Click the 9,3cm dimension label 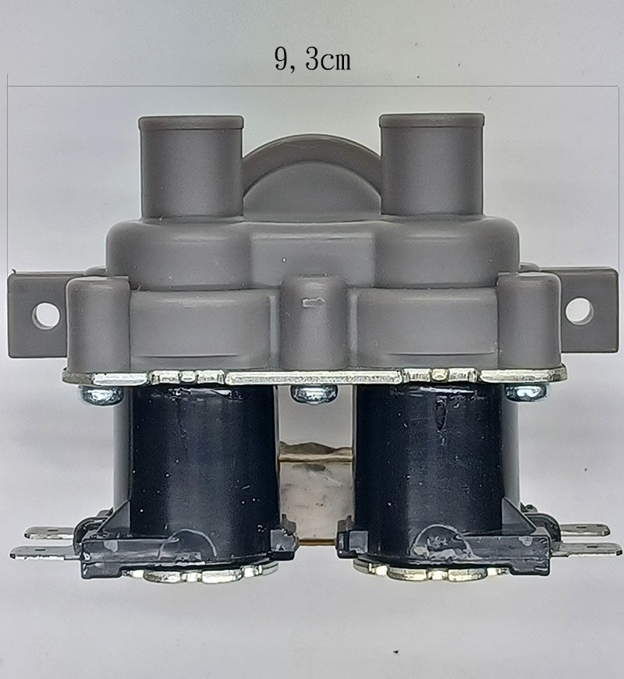coord(313,59)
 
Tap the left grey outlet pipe coord(190,167)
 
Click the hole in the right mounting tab coord(580,310)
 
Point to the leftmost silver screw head coord(101,394)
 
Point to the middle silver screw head coord(314,393)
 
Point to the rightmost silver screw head coord(526,392)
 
